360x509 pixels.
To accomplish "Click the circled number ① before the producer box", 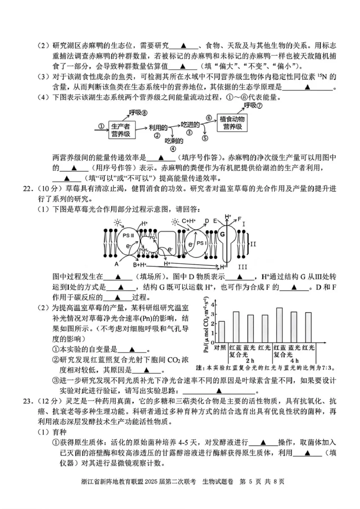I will (101, 126).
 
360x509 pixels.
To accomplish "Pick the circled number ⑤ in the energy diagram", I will (205, 139).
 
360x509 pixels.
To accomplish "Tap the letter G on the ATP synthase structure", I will (222, 234).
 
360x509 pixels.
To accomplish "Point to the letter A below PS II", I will (117, 264).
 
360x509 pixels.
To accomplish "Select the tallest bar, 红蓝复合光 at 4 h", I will (279, 325).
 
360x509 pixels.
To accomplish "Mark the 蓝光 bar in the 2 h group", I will (251, 329).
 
